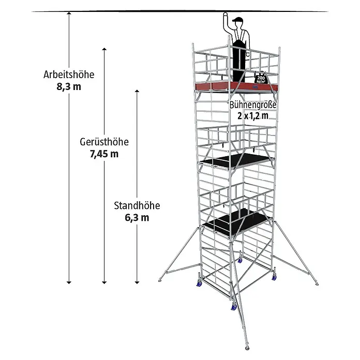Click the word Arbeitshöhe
(x=69, y=74)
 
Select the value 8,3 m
(x=69, y=87)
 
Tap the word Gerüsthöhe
(x=104, y=142)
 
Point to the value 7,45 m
(x=104, y=154)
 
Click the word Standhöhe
(x=137, y=205)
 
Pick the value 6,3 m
(x=137, y=217)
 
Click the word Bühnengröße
(x=253, y=105)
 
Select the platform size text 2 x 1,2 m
(x=253, y=116)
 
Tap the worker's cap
(x=238, y=20)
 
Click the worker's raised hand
(x=226, y=15)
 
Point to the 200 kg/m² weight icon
(x=260, y=78)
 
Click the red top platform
(x=236, y=86)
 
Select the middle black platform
(x=236, y=161)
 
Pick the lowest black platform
(x=236, y=222)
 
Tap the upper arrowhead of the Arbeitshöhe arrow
(x=69, y=13)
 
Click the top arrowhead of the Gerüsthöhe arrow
(x=104, y=49)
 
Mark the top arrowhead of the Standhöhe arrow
(x=137, y=92)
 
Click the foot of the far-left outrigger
(x=160, y=280)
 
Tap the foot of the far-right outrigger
(x=317, y=284)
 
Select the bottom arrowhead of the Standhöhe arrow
(x=137, y=282)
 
